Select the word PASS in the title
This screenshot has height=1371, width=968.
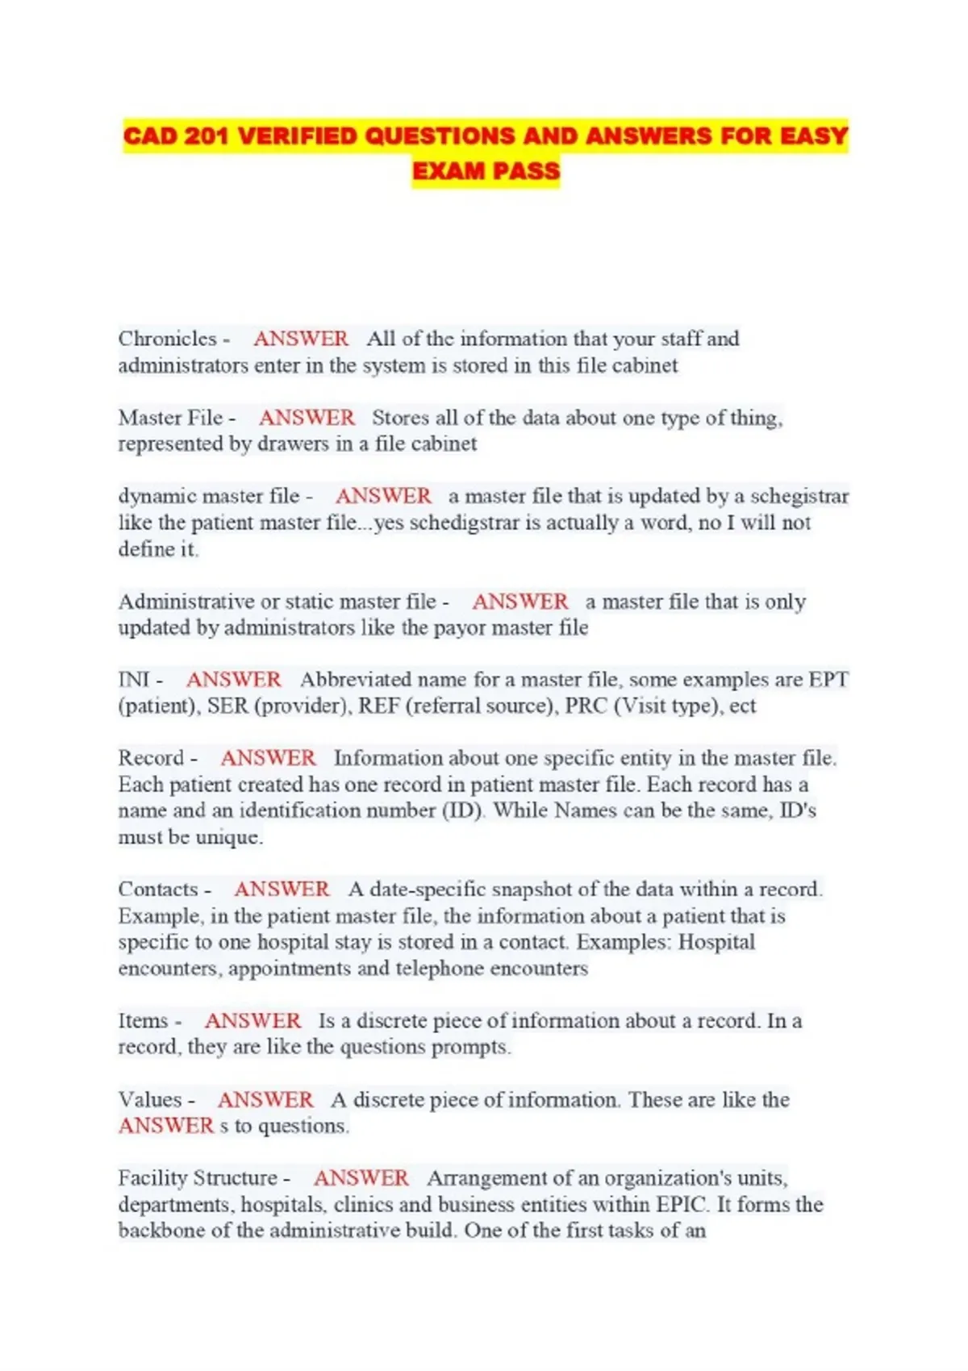[x=527, y=171]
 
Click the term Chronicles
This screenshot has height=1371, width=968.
[x=168, y=339]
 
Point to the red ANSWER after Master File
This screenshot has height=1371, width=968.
[x=307, y=418]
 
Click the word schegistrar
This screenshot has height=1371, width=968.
[x=799, y=496]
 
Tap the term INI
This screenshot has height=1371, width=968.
[x=134, y=680]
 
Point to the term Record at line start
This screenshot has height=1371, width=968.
[x=151, y=758]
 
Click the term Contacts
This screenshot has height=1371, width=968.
[x=158, y=890]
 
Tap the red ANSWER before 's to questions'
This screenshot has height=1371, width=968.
[x=166, y=1126]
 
